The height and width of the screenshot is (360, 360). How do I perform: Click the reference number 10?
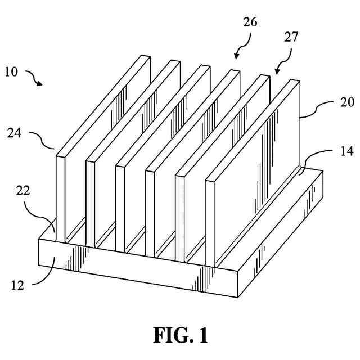coord(12,72)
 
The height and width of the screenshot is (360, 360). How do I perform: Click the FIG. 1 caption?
coord(180,335)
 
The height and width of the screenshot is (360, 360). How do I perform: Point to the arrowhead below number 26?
coord(236,57)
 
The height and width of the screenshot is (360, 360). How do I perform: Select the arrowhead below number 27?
coord(277,71)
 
